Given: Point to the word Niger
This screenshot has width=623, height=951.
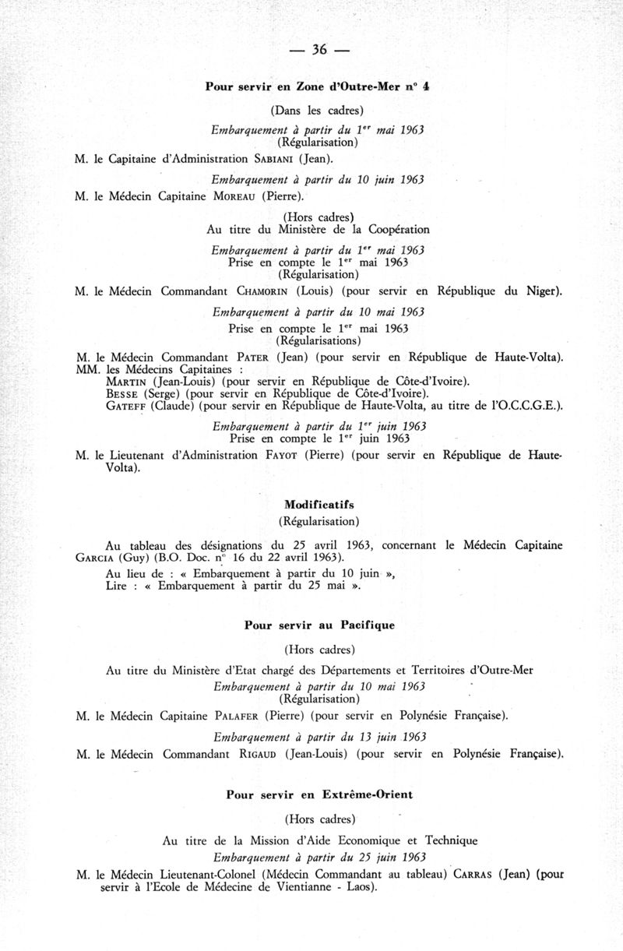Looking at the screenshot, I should [x=542, y=292].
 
